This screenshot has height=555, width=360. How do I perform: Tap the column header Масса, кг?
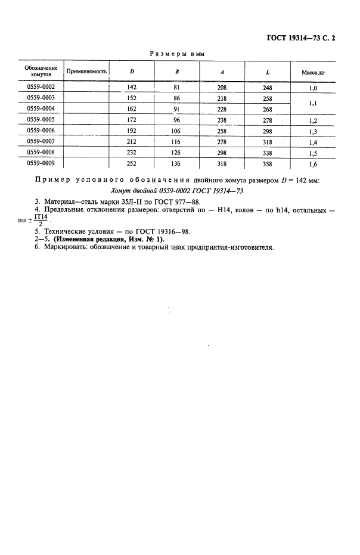coord(313,73)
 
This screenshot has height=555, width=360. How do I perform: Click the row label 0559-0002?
coord(41,87)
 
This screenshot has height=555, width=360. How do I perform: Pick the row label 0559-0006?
coord(41,130)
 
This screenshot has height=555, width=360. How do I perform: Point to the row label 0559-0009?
coord(41,162)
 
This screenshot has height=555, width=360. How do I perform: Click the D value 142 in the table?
coord(132,87)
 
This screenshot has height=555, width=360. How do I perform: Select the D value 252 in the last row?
coord(132,162)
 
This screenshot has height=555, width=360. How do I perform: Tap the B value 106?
coord(177,130)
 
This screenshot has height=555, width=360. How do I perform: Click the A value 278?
coord(222,141)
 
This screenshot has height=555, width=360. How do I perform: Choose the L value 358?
coord(268,162)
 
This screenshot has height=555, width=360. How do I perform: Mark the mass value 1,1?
coord(313,103)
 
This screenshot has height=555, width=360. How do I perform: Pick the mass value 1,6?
coord(313,162)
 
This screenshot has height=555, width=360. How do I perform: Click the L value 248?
coord(268,87)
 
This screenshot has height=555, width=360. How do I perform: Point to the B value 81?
coord(177,87)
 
